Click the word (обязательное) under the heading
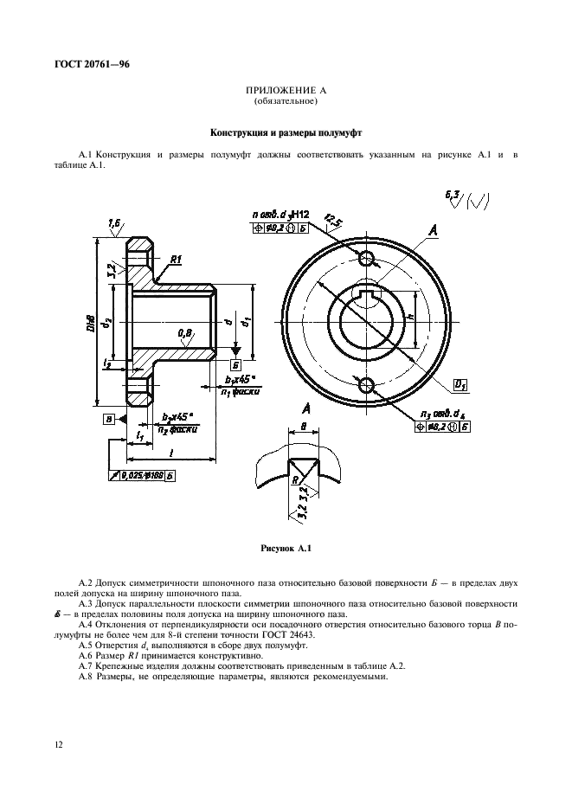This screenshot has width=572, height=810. click(286, 102)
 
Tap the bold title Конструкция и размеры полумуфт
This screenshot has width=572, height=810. click(286, 134)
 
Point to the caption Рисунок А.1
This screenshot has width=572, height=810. click(285, 548)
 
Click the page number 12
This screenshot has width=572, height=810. click(58, 744)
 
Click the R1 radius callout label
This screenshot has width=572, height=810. click(175, 259)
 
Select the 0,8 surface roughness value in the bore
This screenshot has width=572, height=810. click(185, 332)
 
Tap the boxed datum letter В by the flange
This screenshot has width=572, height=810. click(109, 419)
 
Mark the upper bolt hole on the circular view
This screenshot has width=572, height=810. click(367, 258)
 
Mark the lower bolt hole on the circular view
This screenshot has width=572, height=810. click(367, 384)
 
